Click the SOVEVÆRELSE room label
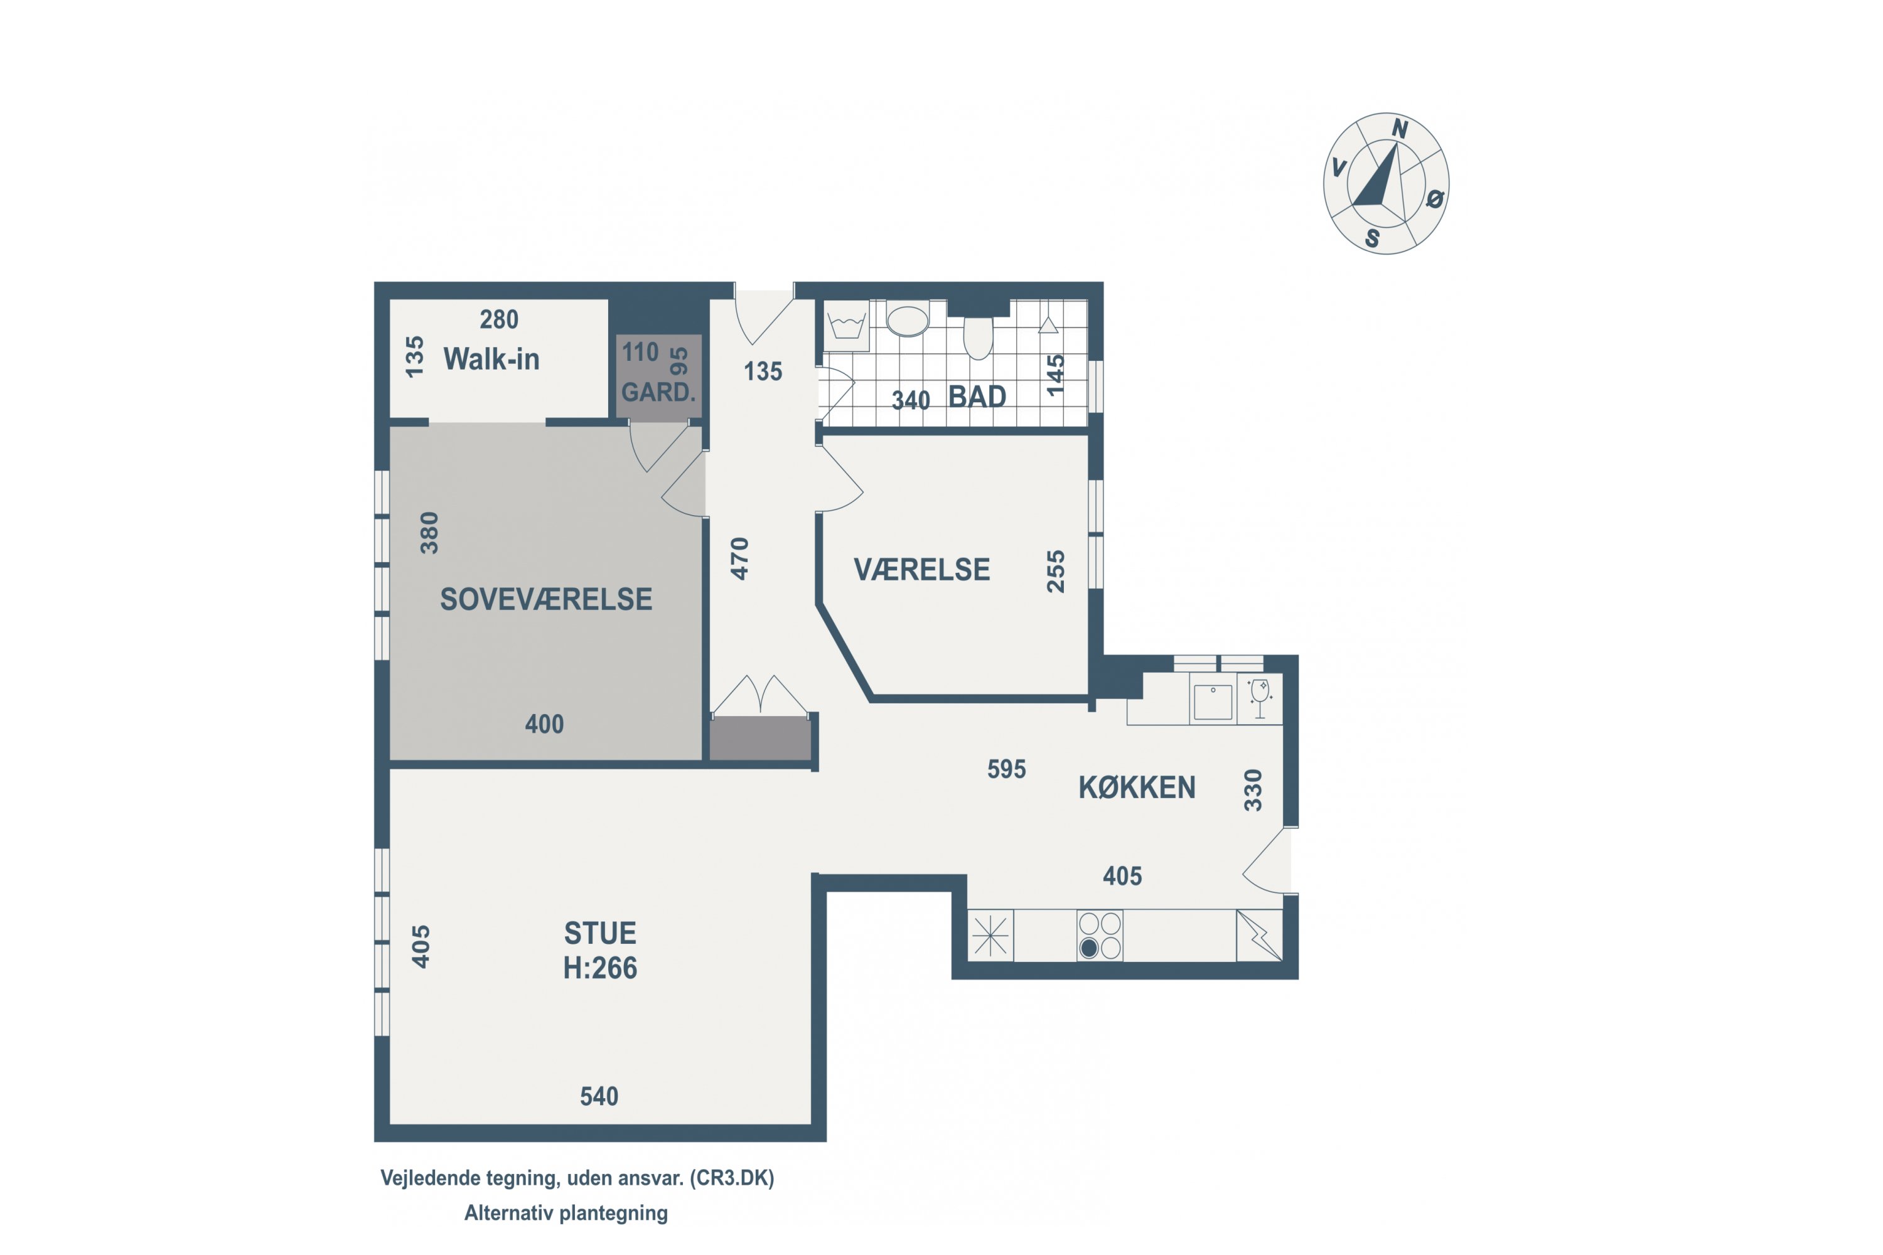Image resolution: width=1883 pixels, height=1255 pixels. tap(546, 599)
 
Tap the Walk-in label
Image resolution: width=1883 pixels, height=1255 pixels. tap(491, 360)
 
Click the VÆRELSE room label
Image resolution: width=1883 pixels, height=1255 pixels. tap(921, 570)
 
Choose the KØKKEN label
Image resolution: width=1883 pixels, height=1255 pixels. tap(1137, 788)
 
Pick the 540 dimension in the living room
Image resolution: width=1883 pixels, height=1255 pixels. tap(599, 1096)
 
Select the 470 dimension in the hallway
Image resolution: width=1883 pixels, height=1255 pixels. tap(740, 558)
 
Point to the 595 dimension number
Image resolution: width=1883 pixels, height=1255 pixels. tap(1006, 769)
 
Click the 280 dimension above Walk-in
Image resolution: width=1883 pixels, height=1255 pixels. tap(499, 319)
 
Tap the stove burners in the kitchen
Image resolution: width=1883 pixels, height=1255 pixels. tap(1100, 935)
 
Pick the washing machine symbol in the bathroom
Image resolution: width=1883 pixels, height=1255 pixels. tap(847, 326)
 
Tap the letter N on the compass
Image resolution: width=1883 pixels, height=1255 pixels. tap(1400, 128)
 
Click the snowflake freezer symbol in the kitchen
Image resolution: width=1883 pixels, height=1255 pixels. tap(990, 935)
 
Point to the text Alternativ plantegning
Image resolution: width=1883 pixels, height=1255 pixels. tap(566, 1214)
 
